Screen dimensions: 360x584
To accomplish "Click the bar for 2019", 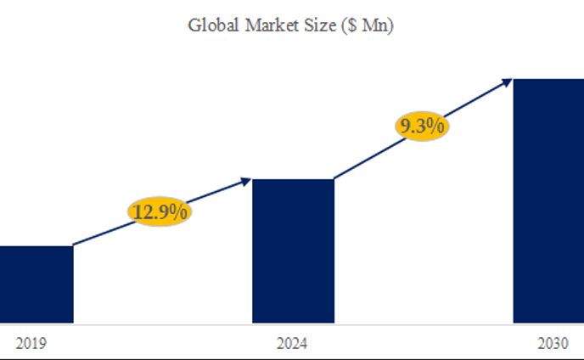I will [36, 284].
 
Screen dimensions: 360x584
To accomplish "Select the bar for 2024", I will [293, 250].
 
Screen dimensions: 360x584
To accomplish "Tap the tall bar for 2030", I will [548, 200].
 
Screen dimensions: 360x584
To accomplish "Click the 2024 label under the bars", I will [293, 344].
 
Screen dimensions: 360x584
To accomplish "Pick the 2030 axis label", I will [553, 344].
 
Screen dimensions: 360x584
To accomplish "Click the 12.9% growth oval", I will [160, 211].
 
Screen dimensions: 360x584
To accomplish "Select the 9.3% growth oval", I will [421, 127].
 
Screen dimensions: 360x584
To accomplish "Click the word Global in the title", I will [213, 25].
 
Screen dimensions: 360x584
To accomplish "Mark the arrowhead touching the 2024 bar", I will [247, 180].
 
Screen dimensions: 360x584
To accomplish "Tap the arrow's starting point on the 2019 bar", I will [75, 245].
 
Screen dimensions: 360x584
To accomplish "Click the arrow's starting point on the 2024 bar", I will [334, 178].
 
